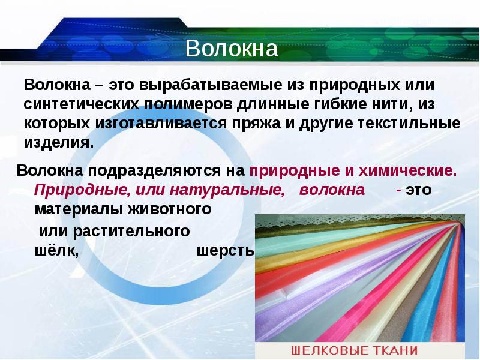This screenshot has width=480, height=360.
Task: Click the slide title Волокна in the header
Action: [x=232, y=49]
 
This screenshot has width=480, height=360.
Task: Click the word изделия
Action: [x=58, y=144]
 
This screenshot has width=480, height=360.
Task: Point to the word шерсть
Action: [x=225, y=251]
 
